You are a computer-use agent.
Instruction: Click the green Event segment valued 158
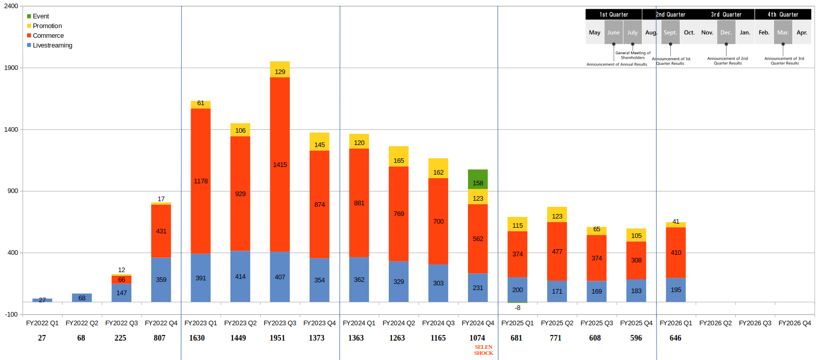click(x=478, y=179)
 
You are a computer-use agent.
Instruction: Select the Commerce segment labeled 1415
click(x=280, y=164)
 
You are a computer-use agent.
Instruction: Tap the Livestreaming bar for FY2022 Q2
click(x=82, y=298)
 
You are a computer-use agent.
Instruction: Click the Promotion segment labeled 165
click(x=399, y=156)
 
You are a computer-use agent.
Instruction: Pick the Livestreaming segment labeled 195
click(x=675, y=290)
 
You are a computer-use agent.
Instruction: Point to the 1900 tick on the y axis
click(x=11, y=68)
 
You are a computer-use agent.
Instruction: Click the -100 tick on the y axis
click(x=11, y=315)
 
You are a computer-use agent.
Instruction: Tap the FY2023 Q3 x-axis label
click(x=280, y=323)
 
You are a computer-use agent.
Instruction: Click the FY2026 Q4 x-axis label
click(x=794, y=323)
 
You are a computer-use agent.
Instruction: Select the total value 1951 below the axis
click(x=277, y=338)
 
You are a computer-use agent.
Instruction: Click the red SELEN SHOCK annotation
click(x=483, y=350)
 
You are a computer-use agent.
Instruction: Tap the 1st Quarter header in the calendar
click(x=614, y=15)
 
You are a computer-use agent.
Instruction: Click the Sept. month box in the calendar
click(x=670, y=33)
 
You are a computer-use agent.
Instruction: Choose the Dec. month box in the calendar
click(x=726, y=33)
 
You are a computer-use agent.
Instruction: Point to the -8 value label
click(x=518, y=308)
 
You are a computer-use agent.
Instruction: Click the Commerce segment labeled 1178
click(x=201, y=181)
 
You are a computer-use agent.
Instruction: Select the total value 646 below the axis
click(x=675, y=338)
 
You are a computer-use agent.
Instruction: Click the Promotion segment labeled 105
click(x=636, y=235)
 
